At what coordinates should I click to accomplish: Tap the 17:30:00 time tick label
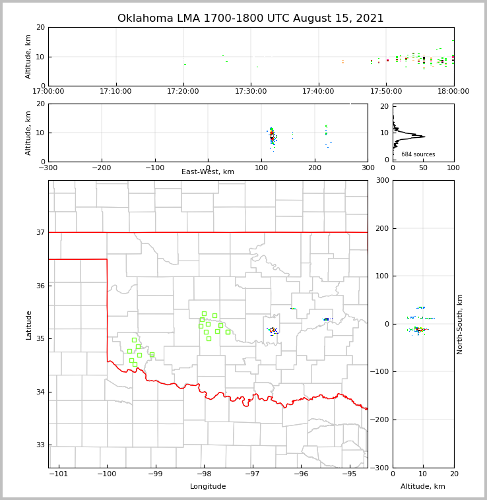[251, 92]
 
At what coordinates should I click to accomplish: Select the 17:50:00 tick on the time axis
[386, 92]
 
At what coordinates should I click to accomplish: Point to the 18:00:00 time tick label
[453, 92]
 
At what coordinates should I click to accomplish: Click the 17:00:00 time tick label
[48, 92]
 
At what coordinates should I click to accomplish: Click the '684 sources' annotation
[418, 154]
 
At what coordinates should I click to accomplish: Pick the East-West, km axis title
[208, 172]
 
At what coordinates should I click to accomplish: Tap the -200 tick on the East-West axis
[101, 168]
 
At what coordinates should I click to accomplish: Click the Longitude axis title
[208, 487]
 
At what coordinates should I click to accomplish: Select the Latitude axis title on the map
[29, 325]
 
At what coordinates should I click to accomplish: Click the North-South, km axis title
[461, 324]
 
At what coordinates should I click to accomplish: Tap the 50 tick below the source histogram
[423, 168]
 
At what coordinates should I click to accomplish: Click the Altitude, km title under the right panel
[423, 487]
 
